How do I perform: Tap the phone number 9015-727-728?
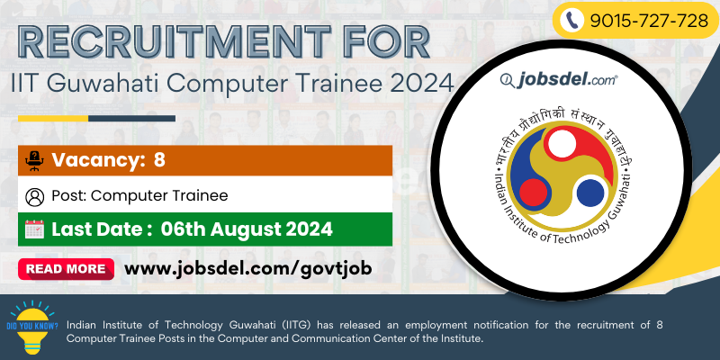[649, 21]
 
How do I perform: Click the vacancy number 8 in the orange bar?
[159, 160]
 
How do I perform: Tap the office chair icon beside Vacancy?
[34, 161]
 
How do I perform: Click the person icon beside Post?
[35, 197]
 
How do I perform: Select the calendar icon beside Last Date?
[34, 229]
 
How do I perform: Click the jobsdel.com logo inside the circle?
[559, 80]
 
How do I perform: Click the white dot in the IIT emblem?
[562, 143]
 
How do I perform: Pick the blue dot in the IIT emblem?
[590, 193]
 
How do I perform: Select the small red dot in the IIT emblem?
[533, 192]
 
